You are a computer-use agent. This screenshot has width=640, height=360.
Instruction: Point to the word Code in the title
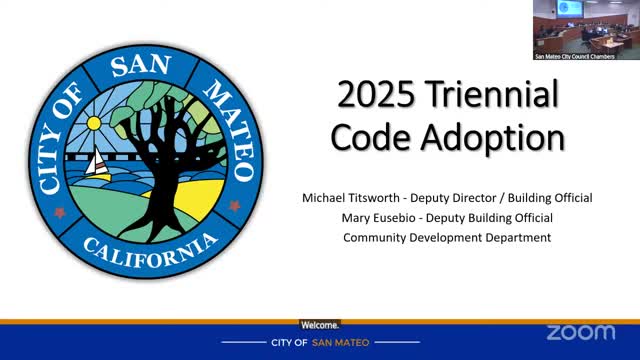pos(394,136)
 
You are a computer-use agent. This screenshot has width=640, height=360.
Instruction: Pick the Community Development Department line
pos(446,237)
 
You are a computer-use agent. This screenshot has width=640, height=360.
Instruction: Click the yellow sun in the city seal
pos(94,124)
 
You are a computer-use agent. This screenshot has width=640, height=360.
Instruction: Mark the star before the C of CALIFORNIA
pos(60,212)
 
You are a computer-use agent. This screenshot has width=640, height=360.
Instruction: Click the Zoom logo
pos(581,332)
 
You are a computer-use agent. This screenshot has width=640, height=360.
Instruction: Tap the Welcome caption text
pos(320,326)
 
